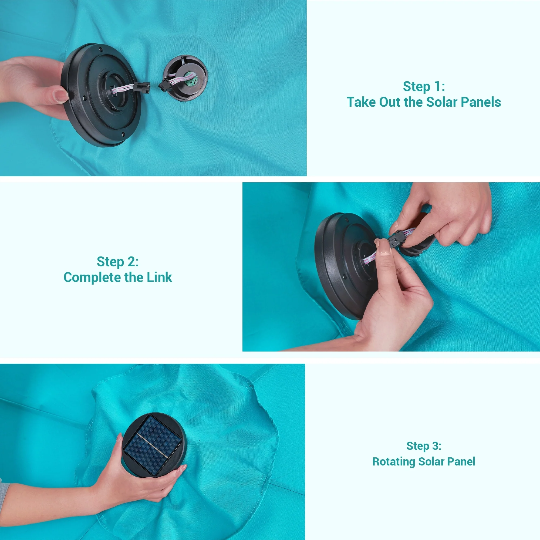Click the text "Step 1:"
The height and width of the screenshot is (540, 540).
pyautogui.click(x=424, y=86)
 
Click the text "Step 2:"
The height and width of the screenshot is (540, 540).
pyautogui.click(x=118, y=262)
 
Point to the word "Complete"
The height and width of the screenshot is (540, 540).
pyautogui.click(x=93, y=278)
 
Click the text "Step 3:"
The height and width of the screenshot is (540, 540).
pyautogui.click(x=424, y=446)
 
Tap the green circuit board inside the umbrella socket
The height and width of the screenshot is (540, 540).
pyautogui.click(x=189, y=79)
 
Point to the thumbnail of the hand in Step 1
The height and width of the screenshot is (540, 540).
pyautogui.click(x=61, y=96)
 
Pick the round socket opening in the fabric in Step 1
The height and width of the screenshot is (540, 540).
pyautogui.click(x=185, y=78)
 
